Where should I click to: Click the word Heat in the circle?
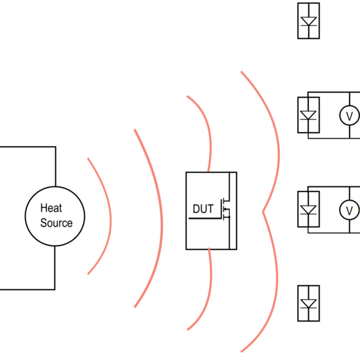click(51, 208)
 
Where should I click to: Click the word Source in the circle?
click(56, 223)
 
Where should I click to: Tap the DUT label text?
click(203, 209)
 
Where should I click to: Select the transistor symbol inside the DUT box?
click(225, 210)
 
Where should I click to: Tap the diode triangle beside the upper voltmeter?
click(308, 115)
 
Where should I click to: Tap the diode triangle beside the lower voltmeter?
click(308, 210)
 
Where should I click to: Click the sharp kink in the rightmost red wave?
click(263, 211)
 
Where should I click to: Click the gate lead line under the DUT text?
click(205, 218)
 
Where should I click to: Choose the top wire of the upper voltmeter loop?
click(334, 92)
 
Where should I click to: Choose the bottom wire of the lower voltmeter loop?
click(334, 233)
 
